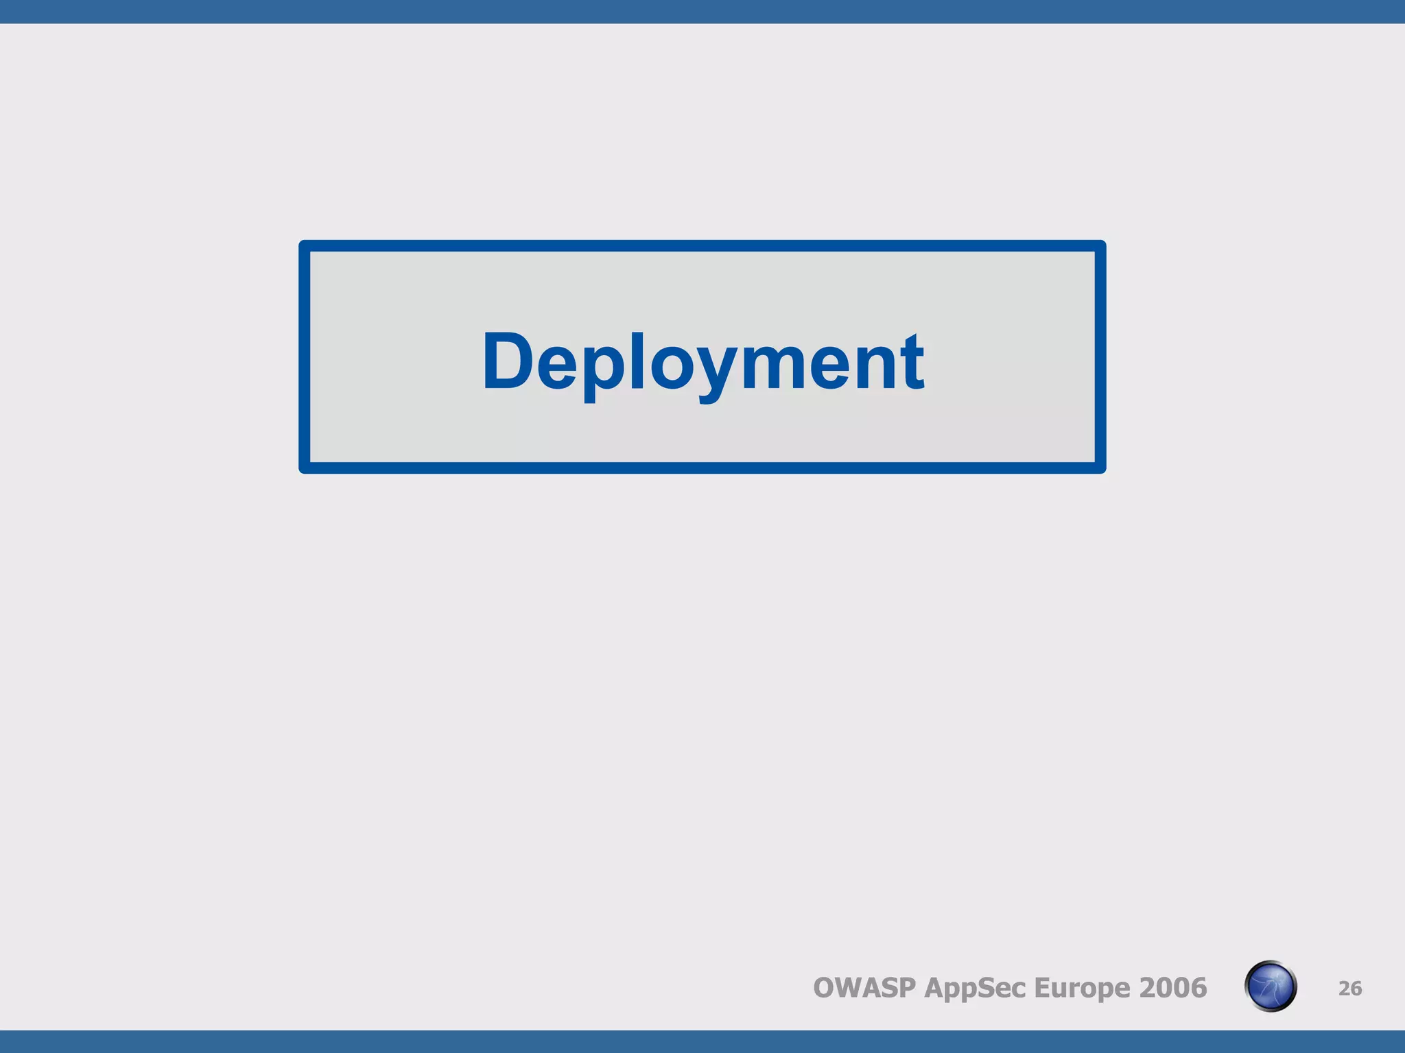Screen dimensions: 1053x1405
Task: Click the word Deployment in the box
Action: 702,361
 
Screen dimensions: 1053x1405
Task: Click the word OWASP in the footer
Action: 864,988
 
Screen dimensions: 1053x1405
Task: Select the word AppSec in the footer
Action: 974,988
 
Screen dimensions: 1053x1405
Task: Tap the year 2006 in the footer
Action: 1172,988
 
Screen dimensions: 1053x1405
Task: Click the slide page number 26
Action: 1349,989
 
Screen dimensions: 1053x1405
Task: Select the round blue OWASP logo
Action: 1270,987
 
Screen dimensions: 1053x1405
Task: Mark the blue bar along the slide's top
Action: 702,11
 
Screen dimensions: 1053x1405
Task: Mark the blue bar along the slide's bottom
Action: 702,1041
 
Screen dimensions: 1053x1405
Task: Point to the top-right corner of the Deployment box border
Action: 1100,245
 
